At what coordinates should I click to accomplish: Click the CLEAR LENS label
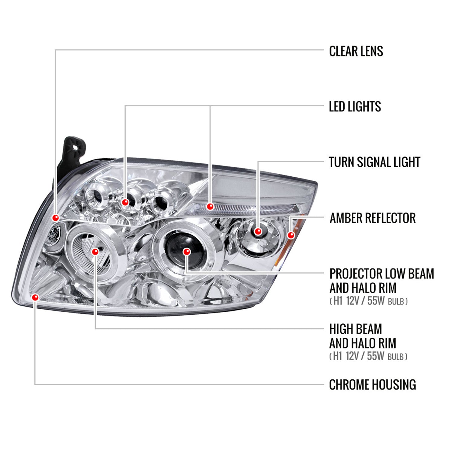pos(356,51)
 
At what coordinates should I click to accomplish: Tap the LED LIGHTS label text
pos(355,107)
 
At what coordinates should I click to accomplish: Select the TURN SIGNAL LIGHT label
pos(374,162)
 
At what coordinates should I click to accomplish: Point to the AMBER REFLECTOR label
pos(372,218)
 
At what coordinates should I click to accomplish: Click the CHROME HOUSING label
pos(372,385)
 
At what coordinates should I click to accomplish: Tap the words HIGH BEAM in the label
pos(355,329)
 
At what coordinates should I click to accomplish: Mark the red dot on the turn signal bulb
pos(258,231)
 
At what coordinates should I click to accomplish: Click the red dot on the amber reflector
pos(291,235)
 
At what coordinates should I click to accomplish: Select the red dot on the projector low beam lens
pos(187,252)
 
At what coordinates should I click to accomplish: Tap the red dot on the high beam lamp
pos(95,252)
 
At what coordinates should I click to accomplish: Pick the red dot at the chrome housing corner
pos(35,297)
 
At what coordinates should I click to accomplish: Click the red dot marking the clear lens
pos(56,217)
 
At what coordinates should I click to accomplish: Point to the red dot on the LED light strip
pos(210,207)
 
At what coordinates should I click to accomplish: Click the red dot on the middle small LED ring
pos(125,202)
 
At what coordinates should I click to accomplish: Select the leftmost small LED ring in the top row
pos(94,196)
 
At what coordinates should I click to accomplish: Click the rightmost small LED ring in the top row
pos(160,201)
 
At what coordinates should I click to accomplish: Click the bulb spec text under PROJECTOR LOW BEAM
pos(368,301)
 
